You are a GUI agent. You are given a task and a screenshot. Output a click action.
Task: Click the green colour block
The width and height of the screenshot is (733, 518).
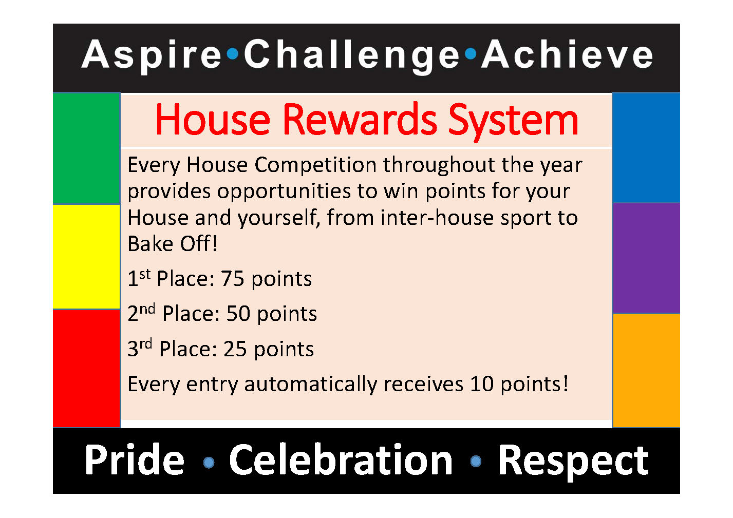pyautogui.click(x=86, y=149)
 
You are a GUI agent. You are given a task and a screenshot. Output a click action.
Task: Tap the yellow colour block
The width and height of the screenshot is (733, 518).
pyautogui.click(x=86, y=257)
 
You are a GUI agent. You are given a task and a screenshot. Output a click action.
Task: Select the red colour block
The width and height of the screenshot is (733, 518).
pyautogui.click(x=86, y=368)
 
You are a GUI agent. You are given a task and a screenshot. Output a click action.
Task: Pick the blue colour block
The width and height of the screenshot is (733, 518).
pyautogui.click(x=646, y=148)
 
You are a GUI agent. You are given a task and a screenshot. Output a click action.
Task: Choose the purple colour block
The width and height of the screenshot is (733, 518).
pyautogui.click(x=646, y=258)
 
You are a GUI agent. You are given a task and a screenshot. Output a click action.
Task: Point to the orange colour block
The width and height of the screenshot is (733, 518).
pyautogui.click(x=646, y=370)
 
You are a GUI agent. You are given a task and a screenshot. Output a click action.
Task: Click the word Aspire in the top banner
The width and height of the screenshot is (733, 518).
pyautogui.click(x=152, y=55)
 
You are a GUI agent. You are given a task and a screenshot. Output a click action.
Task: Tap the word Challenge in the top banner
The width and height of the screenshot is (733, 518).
pyautogui.click(x=351, y=55)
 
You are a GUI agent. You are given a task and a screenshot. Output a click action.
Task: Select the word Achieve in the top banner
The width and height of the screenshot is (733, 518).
pyautogui.click(x=567, y=55)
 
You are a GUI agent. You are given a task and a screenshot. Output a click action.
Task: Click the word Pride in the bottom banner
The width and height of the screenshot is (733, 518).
pyautogui.click(x=135, y=460)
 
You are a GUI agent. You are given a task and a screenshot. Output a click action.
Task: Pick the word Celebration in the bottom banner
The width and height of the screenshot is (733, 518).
pyautogui.click(x=341, y=460)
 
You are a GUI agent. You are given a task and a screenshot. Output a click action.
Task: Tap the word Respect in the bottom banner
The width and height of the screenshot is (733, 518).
pyautogui.click(x=573, y=461)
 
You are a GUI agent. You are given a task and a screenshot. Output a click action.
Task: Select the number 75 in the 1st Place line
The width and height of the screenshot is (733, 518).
pyautogui.click(x=232, y=279)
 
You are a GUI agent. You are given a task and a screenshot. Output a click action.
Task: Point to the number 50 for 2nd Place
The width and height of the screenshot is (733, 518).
pyautogui.click(x=238, y=314)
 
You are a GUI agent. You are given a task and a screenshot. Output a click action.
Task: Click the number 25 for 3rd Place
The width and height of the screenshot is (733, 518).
pyautogui.click(x=235, y=349)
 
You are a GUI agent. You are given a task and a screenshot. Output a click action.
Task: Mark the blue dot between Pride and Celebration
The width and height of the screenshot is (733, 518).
pyautogui.click(x=209, y=463)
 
